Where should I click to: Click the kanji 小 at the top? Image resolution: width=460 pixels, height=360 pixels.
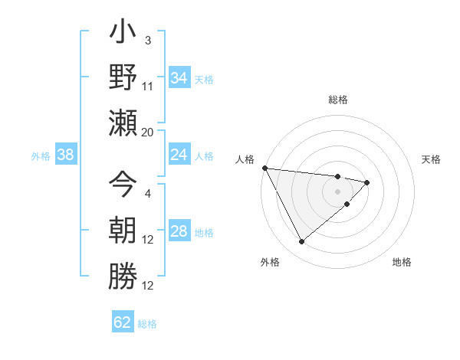tap(123, 35)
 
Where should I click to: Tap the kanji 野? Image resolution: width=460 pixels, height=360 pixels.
tap(123, 77)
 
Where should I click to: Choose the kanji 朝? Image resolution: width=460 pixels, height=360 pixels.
tap(123, 230)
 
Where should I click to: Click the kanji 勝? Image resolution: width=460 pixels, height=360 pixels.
tap(123, 273)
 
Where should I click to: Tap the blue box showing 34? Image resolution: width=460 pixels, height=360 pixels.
tap(179, 77)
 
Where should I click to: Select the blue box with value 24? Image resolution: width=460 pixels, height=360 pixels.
tap(179, 155)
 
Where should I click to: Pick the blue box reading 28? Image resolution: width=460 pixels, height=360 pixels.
tap(179, 231)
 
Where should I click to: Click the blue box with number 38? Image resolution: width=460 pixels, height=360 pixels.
tap(66, 155)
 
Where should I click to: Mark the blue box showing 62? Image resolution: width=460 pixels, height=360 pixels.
tap(123, 322)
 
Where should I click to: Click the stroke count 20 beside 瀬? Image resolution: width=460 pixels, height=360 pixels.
tap(148, 133)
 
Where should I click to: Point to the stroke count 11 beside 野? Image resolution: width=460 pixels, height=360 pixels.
tap(148, 86)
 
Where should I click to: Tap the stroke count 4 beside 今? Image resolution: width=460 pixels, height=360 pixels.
tap(148, 194)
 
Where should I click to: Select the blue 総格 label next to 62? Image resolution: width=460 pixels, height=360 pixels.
tap(147, 324)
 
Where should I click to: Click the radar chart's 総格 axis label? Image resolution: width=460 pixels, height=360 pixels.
tap(338, 100)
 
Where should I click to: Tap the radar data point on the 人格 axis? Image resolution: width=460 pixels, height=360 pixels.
tap(264, 168)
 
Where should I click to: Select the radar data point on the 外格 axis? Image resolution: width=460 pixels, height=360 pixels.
tap(301, 242)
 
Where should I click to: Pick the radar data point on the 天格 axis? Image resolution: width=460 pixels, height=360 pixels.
tap(367, 182)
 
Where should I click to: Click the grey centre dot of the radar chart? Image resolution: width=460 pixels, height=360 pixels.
tap(338, 191)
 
